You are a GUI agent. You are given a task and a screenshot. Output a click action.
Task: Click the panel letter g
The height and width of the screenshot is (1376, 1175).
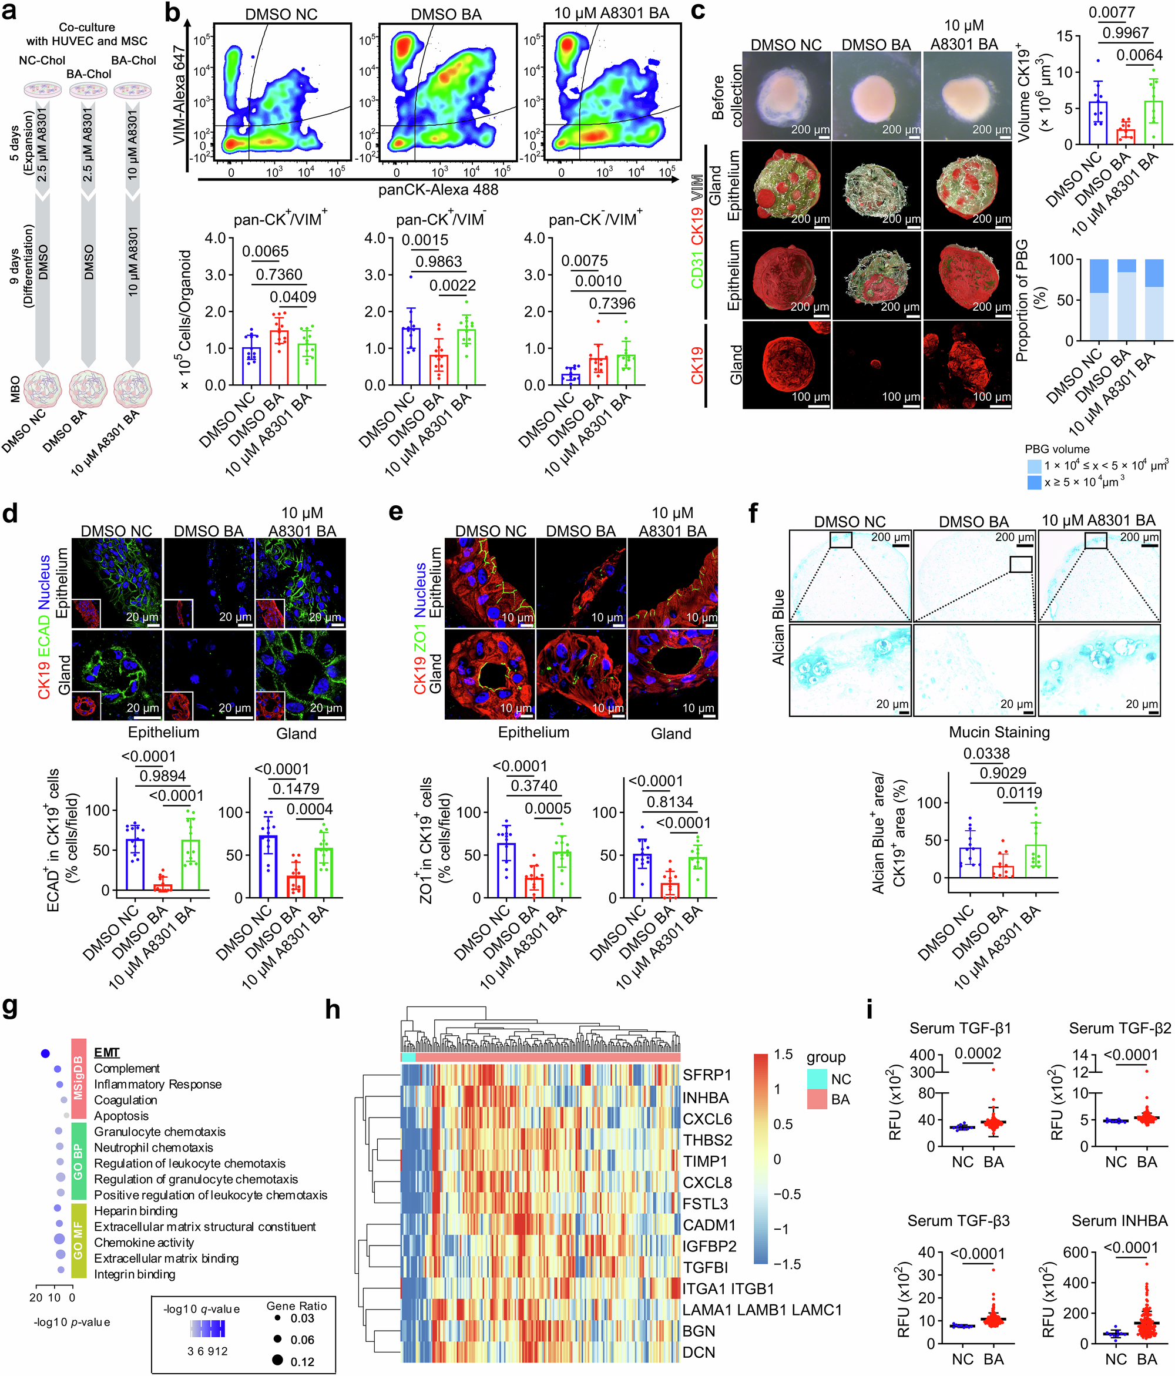coord(11,1008)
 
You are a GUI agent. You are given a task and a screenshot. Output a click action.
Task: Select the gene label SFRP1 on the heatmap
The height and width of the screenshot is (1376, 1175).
coord(707,1075)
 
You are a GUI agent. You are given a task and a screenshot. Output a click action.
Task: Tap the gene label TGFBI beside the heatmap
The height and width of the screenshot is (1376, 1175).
coord(706,1267)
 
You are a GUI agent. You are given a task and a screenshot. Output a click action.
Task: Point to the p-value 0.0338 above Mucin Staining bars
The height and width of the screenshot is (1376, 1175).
coord(986,754)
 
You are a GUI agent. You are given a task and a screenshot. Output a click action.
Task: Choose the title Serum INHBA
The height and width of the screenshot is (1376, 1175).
coord(1119,1221)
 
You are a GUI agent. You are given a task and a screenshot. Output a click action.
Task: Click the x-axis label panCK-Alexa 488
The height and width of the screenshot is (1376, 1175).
coord(438,190)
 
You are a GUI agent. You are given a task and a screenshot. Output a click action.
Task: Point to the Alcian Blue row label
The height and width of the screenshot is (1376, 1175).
coord(778,627)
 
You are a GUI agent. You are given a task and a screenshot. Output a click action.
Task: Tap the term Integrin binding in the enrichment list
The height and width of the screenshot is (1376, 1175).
coord(135,1274)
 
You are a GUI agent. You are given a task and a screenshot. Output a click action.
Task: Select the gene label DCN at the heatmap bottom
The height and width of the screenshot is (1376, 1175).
coord(699,1352)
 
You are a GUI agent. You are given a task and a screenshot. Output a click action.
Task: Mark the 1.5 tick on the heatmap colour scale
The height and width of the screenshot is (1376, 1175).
coord(784,1054)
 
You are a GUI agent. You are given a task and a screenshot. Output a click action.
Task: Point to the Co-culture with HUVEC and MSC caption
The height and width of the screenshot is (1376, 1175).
coord(87,34)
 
